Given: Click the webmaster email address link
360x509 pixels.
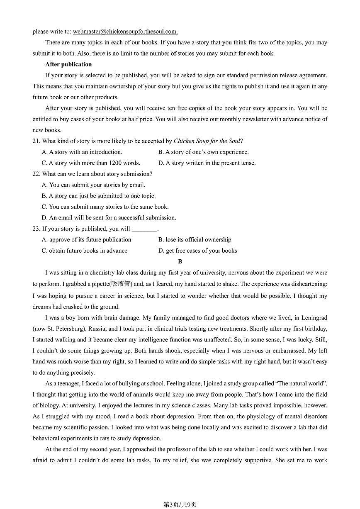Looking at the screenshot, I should (x=125, y=32).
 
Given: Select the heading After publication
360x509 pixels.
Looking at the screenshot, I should (x=68, y=64).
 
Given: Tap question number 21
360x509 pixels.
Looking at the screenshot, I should (x=36, y=141).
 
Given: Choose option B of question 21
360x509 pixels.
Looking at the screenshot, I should (x=203, y=152).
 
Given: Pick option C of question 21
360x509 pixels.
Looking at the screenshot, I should (x=91, y=163).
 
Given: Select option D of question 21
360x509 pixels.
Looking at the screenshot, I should (x=207, y=163).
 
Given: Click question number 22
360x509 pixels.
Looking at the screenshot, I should (x=36, y=174).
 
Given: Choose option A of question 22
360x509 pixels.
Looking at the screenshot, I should (x=93, y=185).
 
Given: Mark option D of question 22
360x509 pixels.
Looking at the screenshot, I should (x=109, y=218).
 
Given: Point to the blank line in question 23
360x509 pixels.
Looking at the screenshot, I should (x=144, y=229).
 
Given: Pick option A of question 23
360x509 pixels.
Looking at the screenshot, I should (x=86, y=240).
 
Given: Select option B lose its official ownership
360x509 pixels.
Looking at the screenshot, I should (x=195, y=240).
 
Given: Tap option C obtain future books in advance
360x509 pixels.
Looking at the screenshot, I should (x=85, y=251).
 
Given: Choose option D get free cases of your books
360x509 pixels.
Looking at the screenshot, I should (x=197, y=251).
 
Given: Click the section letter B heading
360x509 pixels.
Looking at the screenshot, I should (x=180, y=262).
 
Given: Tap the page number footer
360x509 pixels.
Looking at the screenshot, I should (x=180, y=504).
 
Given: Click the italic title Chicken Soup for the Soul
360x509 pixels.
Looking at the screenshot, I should (x=207, y=141).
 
